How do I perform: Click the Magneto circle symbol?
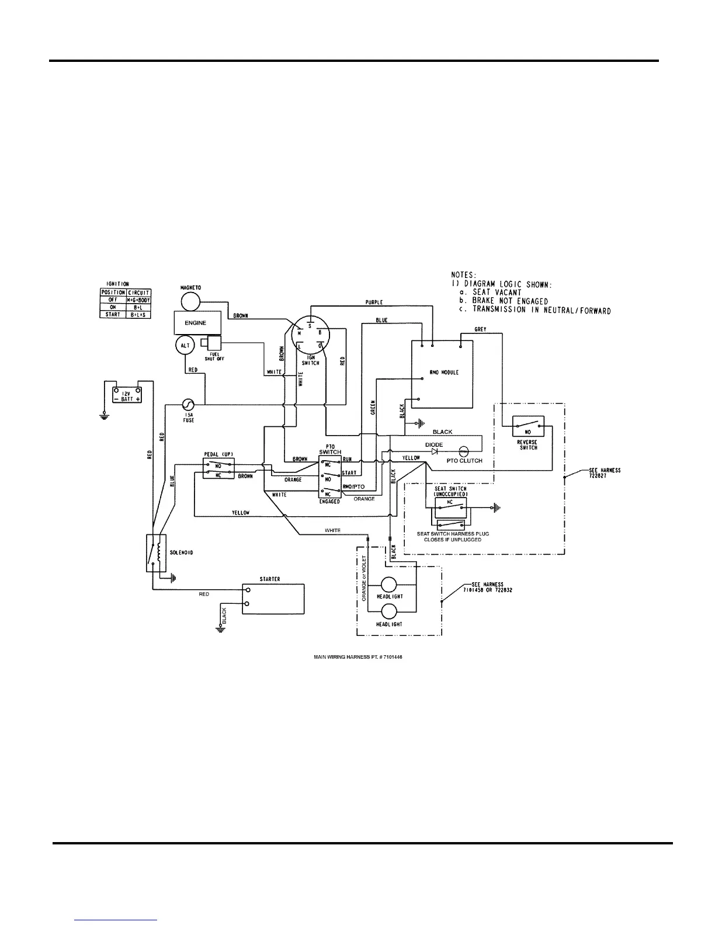190,301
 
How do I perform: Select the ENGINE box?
195,323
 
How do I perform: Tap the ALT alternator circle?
185,346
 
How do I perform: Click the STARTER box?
274,598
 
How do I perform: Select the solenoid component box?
155,552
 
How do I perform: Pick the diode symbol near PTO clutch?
435,451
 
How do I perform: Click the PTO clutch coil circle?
464,451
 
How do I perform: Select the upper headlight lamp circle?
388,585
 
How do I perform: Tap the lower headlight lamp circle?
388,611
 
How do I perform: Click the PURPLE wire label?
374,302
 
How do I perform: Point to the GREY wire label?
481,329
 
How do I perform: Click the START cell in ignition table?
113,314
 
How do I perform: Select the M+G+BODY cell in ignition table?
138,300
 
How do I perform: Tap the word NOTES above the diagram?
464,274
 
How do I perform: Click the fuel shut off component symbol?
211,344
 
